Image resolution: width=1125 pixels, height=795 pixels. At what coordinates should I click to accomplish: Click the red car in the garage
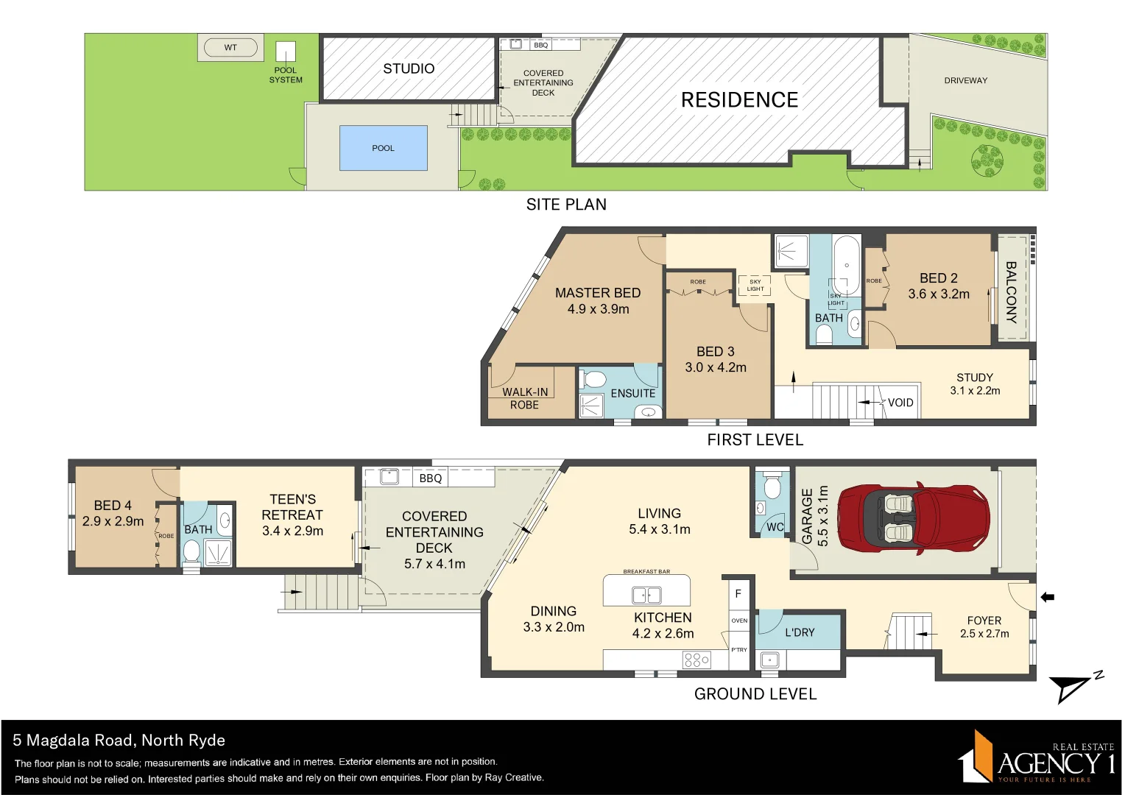click(x=913, y=518)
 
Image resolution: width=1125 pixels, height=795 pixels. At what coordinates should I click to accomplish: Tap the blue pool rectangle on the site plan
click(x=383, y=148)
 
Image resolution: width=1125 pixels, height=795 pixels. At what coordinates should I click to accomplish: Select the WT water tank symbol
click(x=230, y=48)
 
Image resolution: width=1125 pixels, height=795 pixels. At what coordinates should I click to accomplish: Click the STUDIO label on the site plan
click(x=409, y=68)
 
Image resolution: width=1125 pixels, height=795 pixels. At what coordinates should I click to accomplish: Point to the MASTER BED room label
click(x=598, y=293)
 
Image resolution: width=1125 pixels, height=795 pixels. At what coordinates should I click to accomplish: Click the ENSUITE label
click(x=632, y=394)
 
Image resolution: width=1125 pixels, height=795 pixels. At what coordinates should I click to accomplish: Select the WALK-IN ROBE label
click(x=525, y=398)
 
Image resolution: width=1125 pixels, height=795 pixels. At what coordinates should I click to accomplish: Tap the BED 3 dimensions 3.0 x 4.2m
click(x=716, y=367)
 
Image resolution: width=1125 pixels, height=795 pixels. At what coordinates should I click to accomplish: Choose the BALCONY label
click(x=1012, y=292)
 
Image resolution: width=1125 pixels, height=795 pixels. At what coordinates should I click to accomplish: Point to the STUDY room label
click(x=975, y=378)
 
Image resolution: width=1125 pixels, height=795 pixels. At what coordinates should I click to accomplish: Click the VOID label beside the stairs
click(x=900, y=403)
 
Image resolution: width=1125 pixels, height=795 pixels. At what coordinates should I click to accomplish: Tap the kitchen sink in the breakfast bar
click(x=646, y=595)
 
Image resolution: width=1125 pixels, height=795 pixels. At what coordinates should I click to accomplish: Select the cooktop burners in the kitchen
click(x=696, y=659)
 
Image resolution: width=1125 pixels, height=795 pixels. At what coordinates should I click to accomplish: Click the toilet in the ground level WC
click(x=772, y=487)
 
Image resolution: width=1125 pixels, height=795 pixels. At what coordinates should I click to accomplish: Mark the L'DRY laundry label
click(x=800, y=632)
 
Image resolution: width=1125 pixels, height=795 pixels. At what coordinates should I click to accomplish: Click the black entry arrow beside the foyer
click(x=1047, y=597)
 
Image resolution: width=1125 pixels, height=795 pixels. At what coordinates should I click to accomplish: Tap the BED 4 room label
click(x=113, y=506)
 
